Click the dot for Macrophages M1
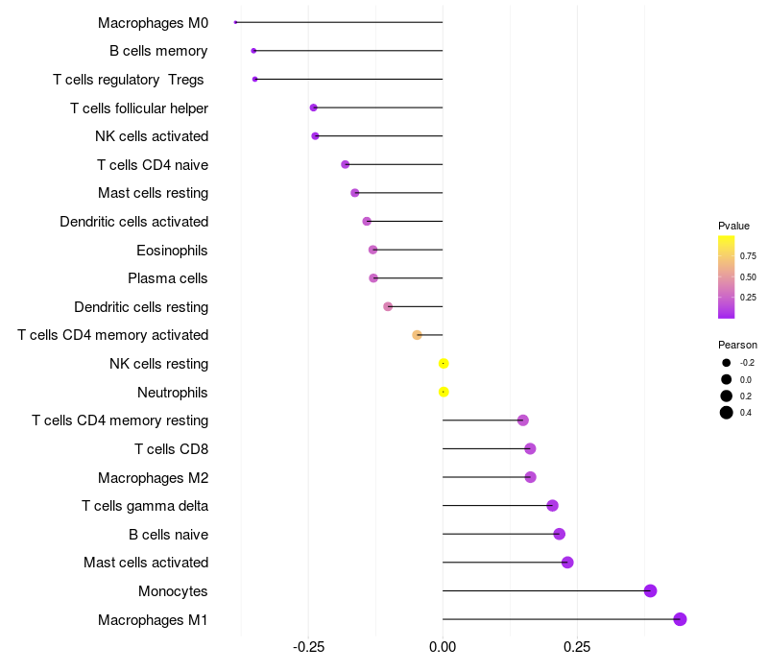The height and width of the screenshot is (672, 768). click(x=680, y=619)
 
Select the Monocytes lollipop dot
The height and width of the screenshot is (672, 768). click(x=650, y=590)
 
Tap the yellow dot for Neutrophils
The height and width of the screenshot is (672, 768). click(x=444, y=392)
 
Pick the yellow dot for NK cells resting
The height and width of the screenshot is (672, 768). click(x=444, y=364)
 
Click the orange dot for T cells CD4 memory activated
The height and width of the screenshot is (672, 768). click(x=417, y=335)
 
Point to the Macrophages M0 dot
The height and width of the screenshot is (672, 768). click(x=235, y=22)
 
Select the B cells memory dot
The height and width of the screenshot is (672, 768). click(x=253, y=51)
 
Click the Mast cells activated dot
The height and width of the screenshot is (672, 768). click(x=567, y=563)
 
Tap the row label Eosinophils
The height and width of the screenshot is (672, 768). click(x=173, y=251)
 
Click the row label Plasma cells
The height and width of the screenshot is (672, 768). click(x=168, y=278)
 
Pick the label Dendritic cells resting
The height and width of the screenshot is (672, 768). click(x=141, y=307)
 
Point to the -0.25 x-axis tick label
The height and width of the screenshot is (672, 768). click(x=308, y=647)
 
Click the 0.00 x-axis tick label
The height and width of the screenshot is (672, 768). click(x=443, y=647)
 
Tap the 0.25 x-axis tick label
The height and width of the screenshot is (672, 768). click(x=577, y=647)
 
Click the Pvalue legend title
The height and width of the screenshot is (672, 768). click(x=733, y=226)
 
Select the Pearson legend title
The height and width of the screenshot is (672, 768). click(x=737, y=345)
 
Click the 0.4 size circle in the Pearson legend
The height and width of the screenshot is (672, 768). click(x=727, y=413)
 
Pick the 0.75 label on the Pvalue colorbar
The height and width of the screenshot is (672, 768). click(x=747, y=256)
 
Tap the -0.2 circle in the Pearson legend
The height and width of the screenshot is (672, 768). click(x=727, y=363)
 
